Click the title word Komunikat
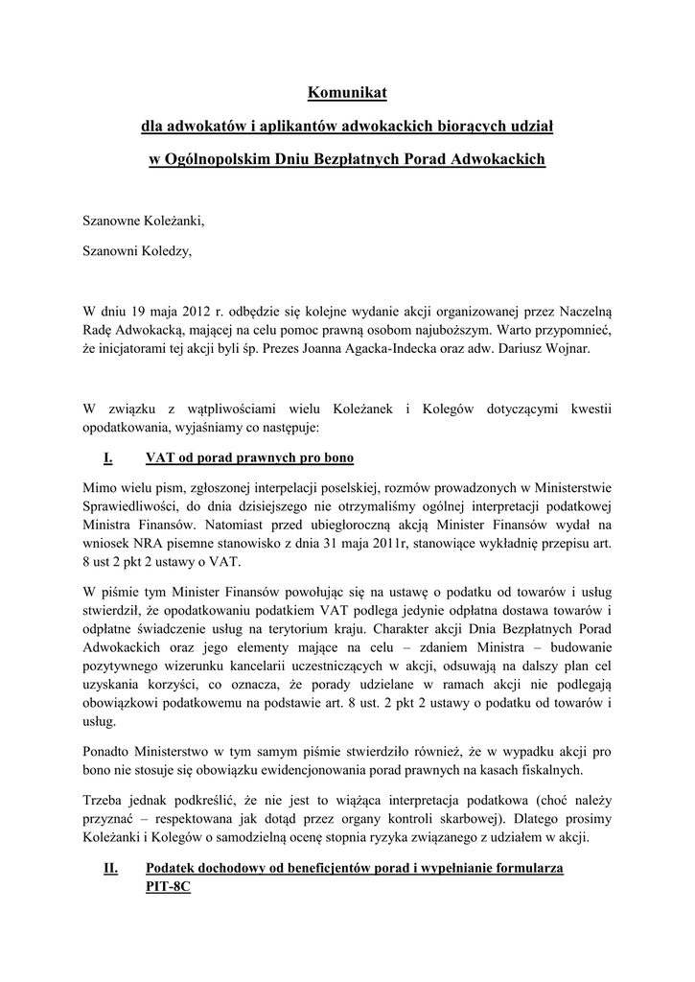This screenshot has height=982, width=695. point(346,93)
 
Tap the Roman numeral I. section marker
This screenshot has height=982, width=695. point(108,456)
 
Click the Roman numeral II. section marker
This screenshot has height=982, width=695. point(110,869)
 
